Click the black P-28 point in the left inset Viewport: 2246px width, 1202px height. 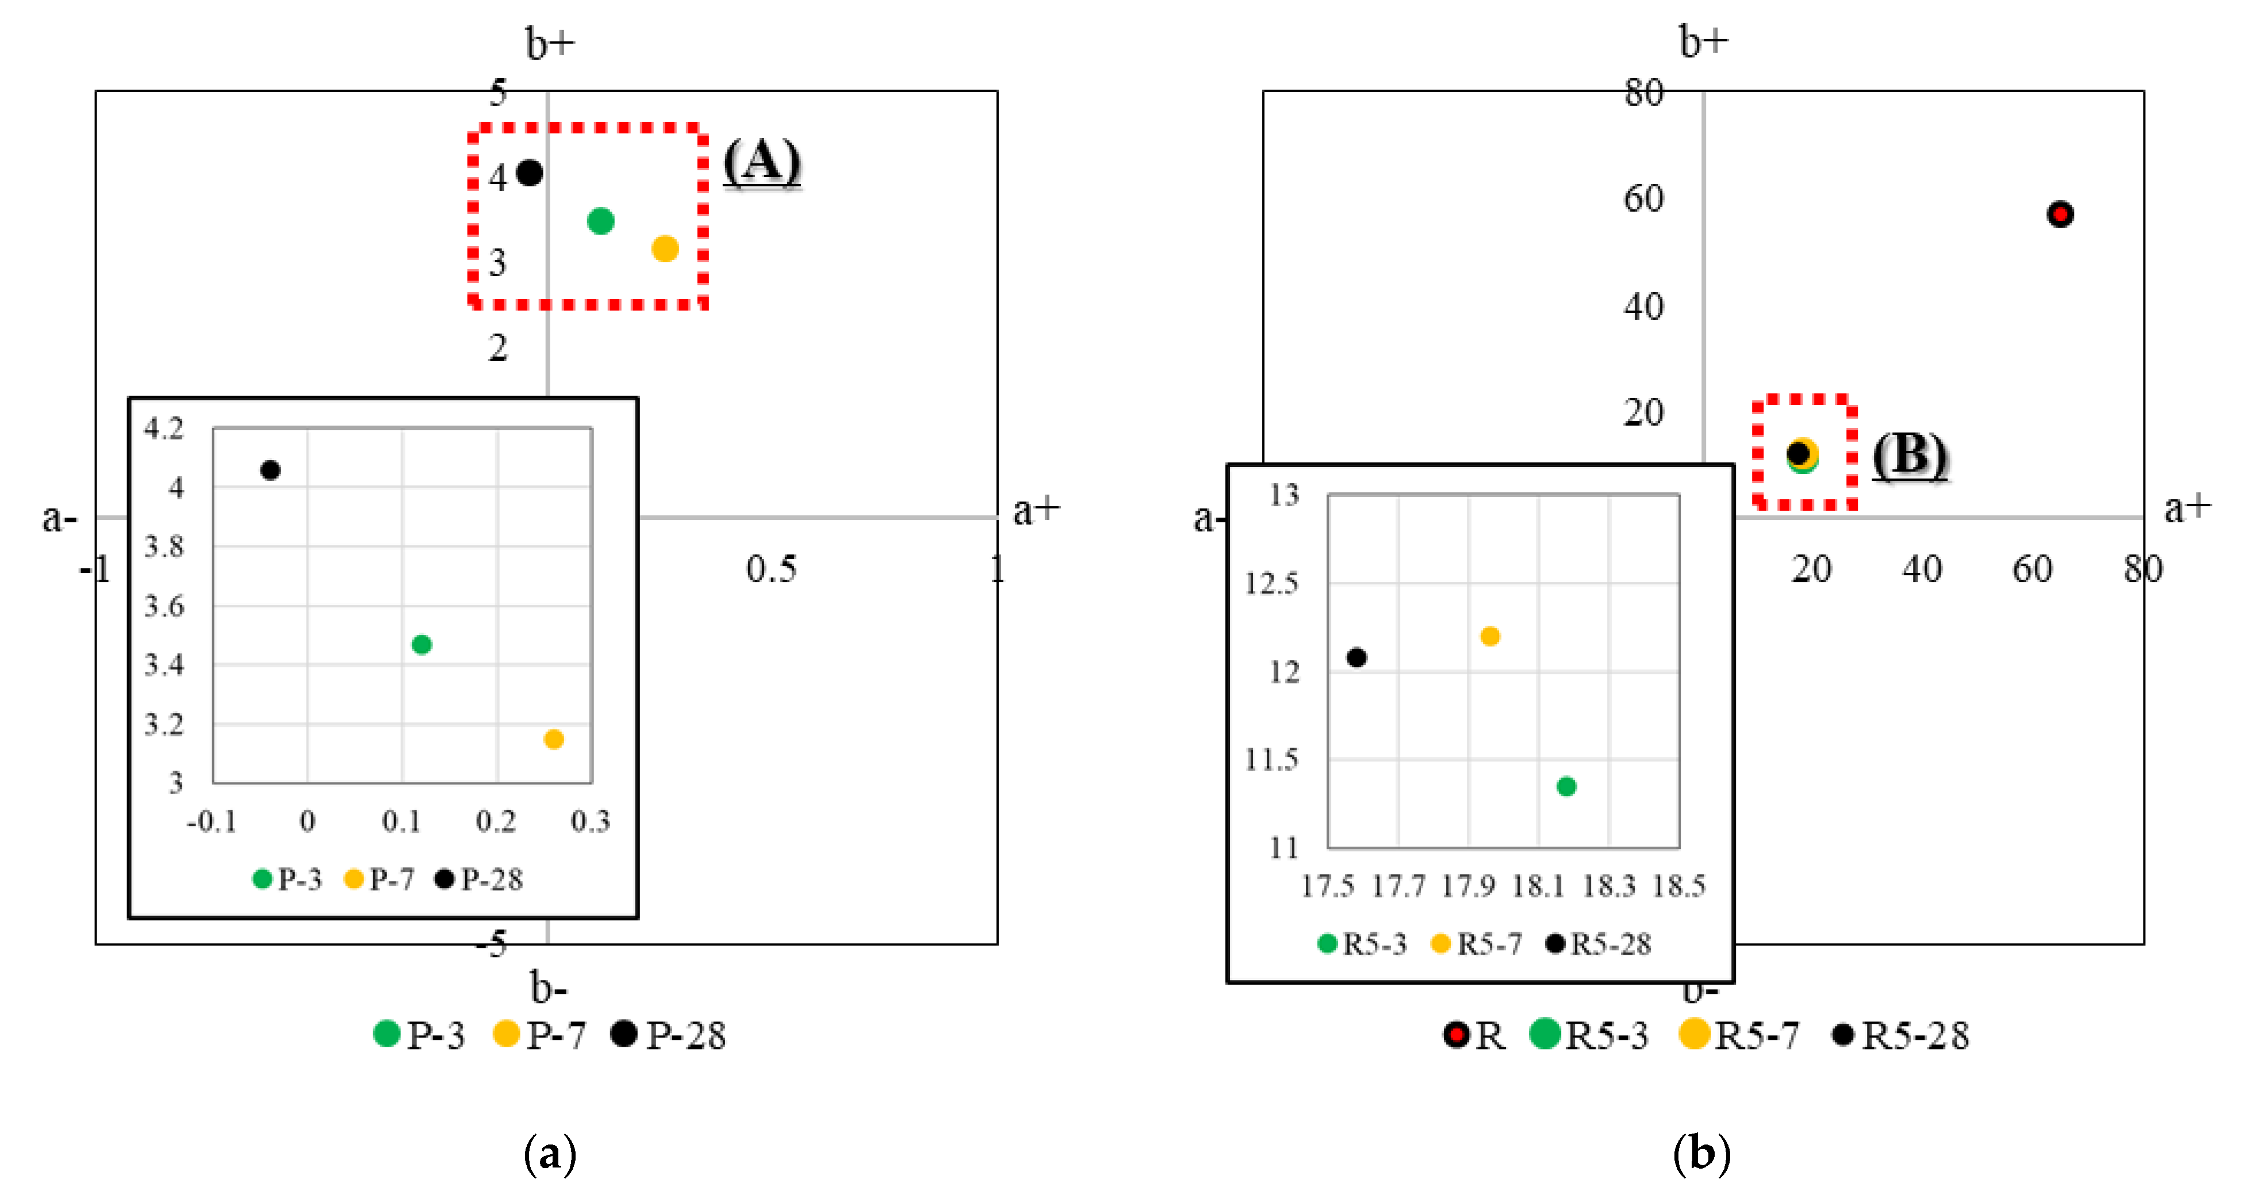(270, 470)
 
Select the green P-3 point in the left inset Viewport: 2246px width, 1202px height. (421, 645)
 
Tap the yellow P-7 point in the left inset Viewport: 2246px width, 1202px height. (554, 739)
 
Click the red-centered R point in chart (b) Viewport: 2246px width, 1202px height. (2060, 214)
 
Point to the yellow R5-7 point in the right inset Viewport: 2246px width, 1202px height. (1490, 636)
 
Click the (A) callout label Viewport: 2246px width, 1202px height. (761, 162)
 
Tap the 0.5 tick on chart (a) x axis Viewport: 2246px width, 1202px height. (771, 569)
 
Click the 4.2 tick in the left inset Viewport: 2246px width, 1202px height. (164, 428)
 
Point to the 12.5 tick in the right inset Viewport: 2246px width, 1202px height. (1271, 583)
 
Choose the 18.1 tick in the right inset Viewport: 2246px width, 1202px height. (1538, 886)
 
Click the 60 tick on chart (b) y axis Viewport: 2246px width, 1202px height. (1643, 199)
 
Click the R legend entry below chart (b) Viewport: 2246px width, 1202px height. (1474, 1035)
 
